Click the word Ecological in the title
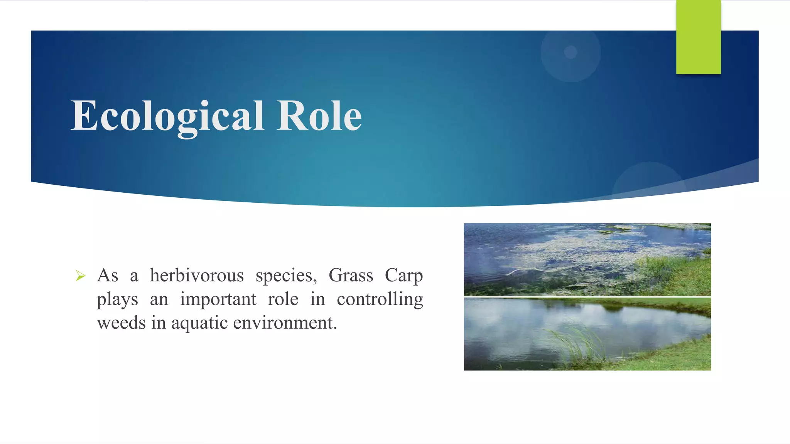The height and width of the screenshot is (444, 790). coord(167,116)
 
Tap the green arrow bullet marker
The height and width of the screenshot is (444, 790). coord(80,276)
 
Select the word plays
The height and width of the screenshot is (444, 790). coord(117,299)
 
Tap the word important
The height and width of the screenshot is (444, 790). coord(218,299)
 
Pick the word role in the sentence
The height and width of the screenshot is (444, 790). coord(283,299)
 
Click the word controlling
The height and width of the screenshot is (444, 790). coord(380,299)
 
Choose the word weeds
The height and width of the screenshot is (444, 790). coord(121,323)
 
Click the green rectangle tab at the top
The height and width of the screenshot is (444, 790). coord(698,37)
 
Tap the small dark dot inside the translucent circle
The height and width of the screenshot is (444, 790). coord(571,52)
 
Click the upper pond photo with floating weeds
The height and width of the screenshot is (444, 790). coord(587,259)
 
